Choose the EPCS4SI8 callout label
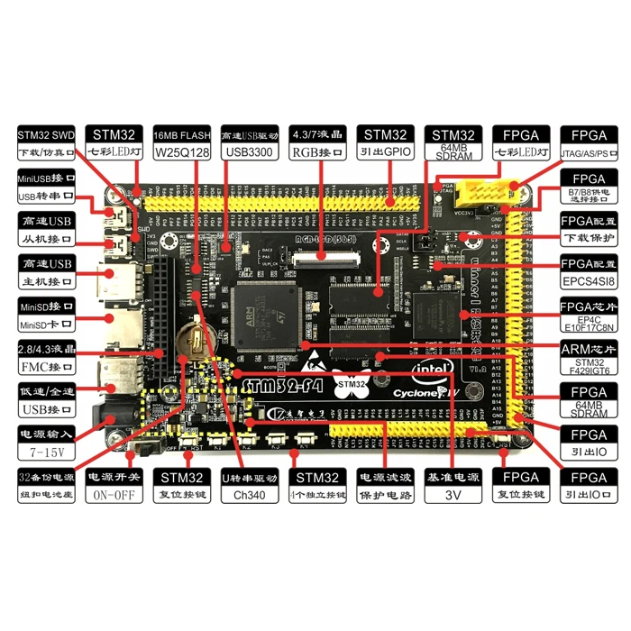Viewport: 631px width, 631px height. (589, 280)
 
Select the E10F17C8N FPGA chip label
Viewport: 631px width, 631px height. (589, 329)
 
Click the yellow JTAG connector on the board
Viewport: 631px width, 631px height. (487, 192)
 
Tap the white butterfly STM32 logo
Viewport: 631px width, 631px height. (352, 382)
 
